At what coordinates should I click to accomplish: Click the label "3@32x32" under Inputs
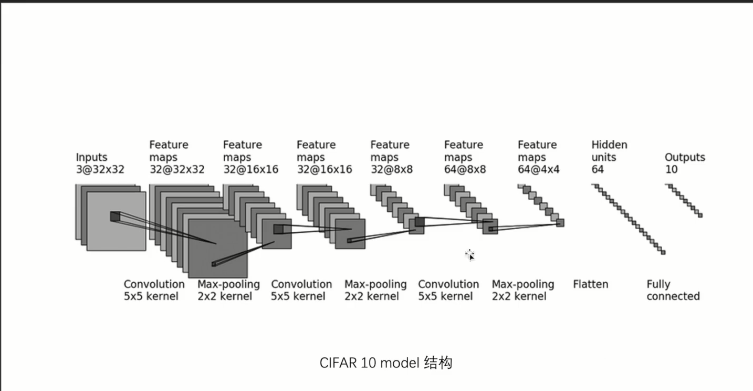pos(100,170)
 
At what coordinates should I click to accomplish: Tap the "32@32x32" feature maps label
pos(177,170)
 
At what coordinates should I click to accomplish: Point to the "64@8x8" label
pos(465,170)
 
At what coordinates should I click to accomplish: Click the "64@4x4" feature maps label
pos(538,170)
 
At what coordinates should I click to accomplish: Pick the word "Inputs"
pos(91,157)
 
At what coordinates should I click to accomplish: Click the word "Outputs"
pos(685,157)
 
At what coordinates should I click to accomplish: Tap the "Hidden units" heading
pos(609,151)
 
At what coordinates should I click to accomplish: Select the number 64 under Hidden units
pos(598,170)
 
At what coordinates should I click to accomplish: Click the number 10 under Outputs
pos(671,170)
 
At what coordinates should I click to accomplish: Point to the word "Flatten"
pos(590,284)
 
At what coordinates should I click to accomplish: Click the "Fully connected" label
pos(673,290)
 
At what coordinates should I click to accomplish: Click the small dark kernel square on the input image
pos(114,216)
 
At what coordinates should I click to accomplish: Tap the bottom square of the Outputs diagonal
pos(700,215)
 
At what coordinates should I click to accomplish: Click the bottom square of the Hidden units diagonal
pos(663,253)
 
